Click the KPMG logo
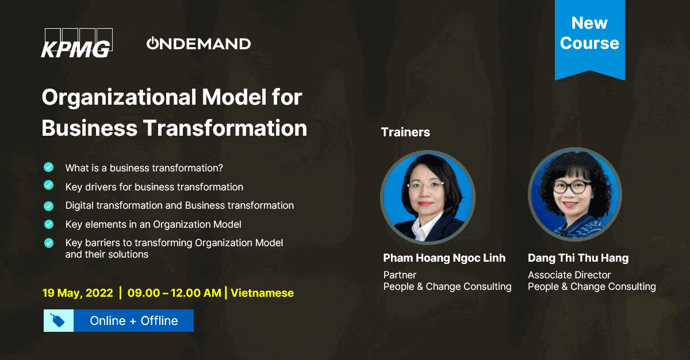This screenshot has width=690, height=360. [x=77, y=43]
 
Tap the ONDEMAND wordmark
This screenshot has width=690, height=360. [x=199, y=44]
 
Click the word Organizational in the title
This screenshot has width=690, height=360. [x=119, y=97]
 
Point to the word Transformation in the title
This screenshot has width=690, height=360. [x=225, y=128]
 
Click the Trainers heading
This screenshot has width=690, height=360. [x=405, y=132]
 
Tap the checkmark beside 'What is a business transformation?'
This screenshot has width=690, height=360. [x=49, y=167]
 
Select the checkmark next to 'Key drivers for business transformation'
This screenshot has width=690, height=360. [x=49, y=185]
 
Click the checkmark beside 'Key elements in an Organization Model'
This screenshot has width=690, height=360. [x=49, y=224]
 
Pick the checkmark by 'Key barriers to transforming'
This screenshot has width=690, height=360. [x=49, y=243]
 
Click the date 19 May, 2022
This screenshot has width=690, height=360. [x=78, y=293]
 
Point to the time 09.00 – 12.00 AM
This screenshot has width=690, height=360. [x=174, y=293]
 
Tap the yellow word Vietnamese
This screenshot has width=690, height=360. [x=262, y=293]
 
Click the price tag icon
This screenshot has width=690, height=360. [x=58, y=321]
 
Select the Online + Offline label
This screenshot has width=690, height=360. [x=134, y=321]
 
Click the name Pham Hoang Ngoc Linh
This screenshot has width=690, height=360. [x=444, y=258]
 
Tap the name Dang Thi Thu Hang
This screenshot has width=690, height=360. [x=578, y=258]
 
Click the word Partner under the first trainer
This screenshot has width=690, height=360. [x=400, y=275]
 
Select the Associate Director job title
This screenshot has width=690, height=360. [x=569, y=275]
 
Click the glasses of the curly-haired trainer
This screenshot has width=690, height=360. [x=572, y=187]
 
